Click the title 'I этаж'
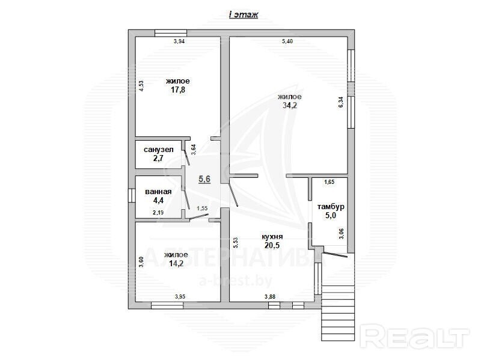(x=244, y=14)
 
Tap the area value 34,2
(x=290, y=106)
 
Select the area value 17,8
(x=178, y=90)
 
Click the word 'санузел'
(x=159, y=150)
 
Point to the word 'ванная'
(x=158, y=192)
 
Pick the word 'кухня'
(x=272, y=237)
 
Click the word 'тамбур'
(x=331, y=207)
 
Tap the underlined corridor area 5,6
(x=204, y=178)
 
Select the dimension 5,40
(x=287, y=41)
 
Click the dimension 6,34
(x=341, y=102)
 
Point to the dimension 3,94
(x=179, y=41)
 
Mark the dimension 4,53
(x=141, y=86)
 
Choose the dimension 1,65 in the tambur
(x=329, y=182)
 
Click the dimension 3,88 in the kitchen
(x=270, y=296)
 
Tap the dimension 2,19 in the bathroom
(x=158, y=212)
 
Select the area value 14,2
(x=176, y=263)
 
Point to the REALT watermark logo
(x=415, y=338)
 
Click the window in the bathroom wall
(x=132, y=195)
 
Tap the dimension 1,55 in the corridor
(x=202, y=208)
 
